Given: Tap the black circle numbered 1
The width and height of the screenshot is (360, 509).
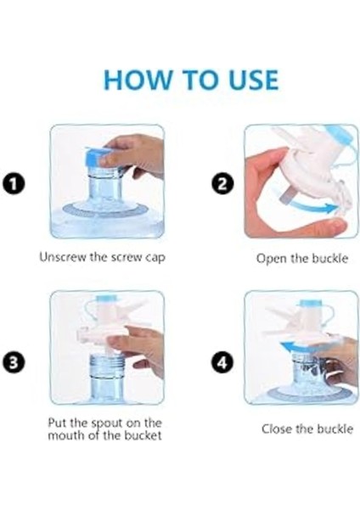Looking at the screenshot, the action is pos(14,184).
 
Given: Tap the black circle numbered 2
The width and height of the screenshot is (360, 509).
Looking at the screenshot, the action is pos(222,184).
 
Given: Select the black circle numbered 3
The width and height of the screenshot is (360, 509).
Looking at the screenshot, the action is pos(14,362).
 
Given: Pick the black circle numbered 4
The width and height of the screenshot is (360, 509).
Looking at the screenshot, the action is pos(222,361).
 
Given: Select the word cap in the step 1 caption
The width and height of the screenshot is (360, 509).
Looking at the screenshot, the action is pos(155,258).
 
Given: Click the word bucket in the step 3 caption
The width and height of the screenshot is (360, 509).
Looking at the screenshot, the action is pos(143,435).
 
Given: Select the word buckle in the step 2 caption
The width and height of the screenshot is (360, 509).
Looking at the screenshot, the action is pos(329,259).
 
